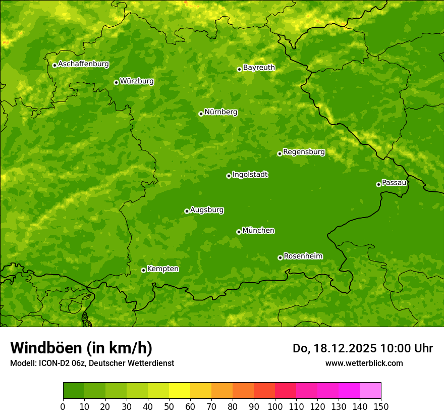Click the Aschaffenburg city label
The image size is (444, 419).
(83, 64)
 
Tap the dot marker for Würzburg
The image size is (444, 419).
(116, 82)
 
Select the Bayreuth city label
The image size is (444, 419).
(259, 68)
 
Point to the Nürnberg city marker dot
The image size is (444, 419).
(201, 114)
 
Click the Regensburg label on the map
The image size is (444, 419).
(304, 152)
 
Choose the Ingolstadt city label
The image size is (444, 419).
(250, 175)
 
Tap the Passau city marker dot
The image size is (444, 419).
(378, 184)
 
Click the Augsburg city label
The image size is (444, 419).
(207, 210)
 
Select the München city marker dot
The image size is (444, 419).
(239, 232)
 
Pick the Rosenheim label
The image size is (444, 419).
(303, 256)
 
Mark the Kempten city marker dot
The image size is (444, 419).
(143, 270)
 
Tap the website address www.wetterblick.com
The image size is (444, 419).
(364, 363)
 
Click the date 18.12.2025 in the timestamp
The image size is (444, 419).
(345, 348)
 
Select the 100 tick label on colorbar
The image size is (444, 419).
(275, 406)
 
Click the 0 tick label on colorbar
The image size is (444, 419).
(63, 406)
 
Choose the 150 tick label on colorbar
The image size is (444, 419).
(381, 406)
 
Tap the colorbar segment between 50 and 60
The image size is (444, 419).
(180, 391)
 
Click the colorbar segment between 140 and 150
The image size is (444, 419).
(370, 391)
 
